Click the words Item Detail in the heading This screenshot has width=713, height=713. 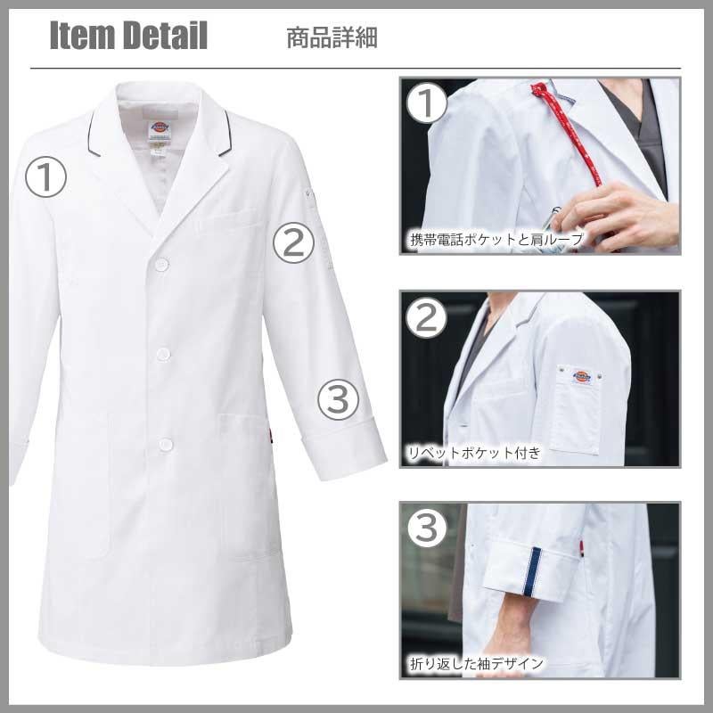128,36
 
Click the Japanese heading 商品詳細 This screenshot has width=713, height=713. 332,37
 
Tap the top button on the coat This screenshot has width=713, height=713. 161,265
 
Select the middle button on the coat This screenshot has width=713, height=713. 163,354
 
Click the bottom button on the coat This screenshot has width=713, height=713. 166,445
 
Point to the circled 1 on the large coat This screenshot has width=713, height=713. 46,177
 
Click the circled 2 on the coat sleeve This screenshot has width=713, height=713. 293,242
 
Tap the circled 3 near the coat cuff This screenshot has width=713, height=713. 338,399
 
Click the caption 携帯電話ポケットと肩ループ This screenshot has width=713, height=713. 496,239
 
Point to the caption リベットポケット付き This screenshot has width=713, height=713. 474,453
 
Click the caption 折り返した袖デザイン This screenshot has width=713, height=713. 477,664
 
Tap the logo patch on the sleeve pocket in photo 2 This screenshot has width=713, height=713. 581,377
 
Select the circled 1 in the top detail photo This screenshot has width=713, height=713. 426,103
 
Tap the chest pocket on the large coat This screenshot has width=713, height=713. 231,221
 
